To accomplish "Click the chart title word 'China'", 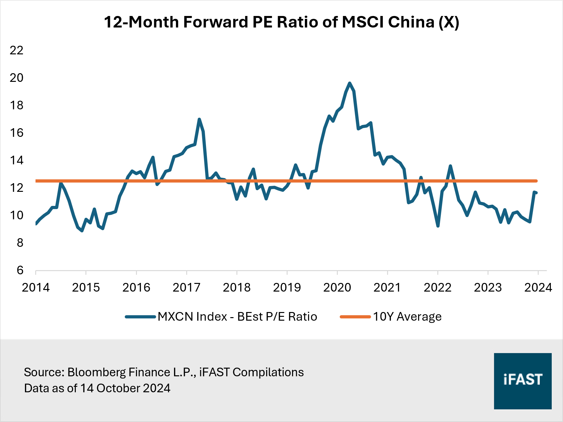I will pos(411,22).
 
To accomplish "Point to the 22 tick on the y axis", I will pos(17,50).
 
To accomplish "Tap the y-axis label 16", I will pos(17,133).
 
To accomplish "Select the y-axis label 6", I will pos(20,270).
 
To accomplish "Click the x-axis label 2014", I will pos(36,287).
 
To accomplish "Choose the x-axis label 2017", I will pos(186,287).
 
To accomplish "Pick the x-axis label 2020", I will pos(337,287).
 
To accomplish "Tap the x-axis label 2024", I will pos(538,287).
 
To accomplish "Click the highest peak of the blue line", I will pos(350,83).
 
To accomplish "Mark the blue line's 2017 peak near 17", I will pos(199,119).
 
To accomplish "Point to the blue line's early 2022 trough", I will pos(438,226).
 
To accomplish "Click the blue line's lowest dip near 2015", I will pos(82,231).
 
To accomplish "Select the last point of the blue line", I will pos(536,193).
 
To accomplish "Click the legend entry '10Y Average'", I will pos(407,316).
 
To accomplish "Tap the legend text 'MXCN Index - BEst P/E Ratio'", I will pos(237,316).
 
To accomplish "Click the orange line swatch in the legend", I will pos(355,317).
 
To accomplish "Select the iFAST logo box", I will pos(522,381).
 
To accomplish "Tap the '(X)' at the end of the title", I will pos(448,22).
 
